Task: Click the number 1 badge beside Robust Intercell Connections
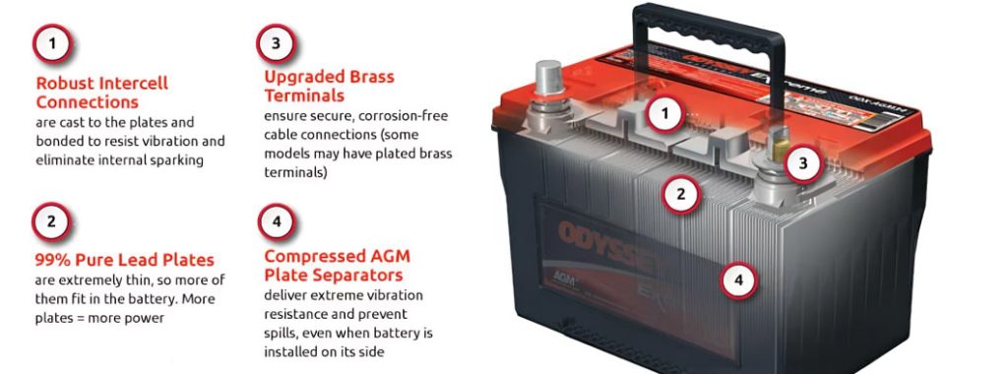52,43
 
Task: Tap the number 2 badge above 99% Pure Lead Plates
51,222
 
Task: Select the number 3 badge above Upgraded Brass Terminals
276,43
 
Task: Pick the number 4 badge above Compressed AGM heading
277,222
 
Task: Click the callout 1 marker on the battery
666,114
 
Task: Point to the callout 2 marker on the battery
681,194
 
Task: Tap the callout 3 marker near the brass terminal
803,163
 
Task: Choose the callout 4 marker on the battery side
739,280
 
